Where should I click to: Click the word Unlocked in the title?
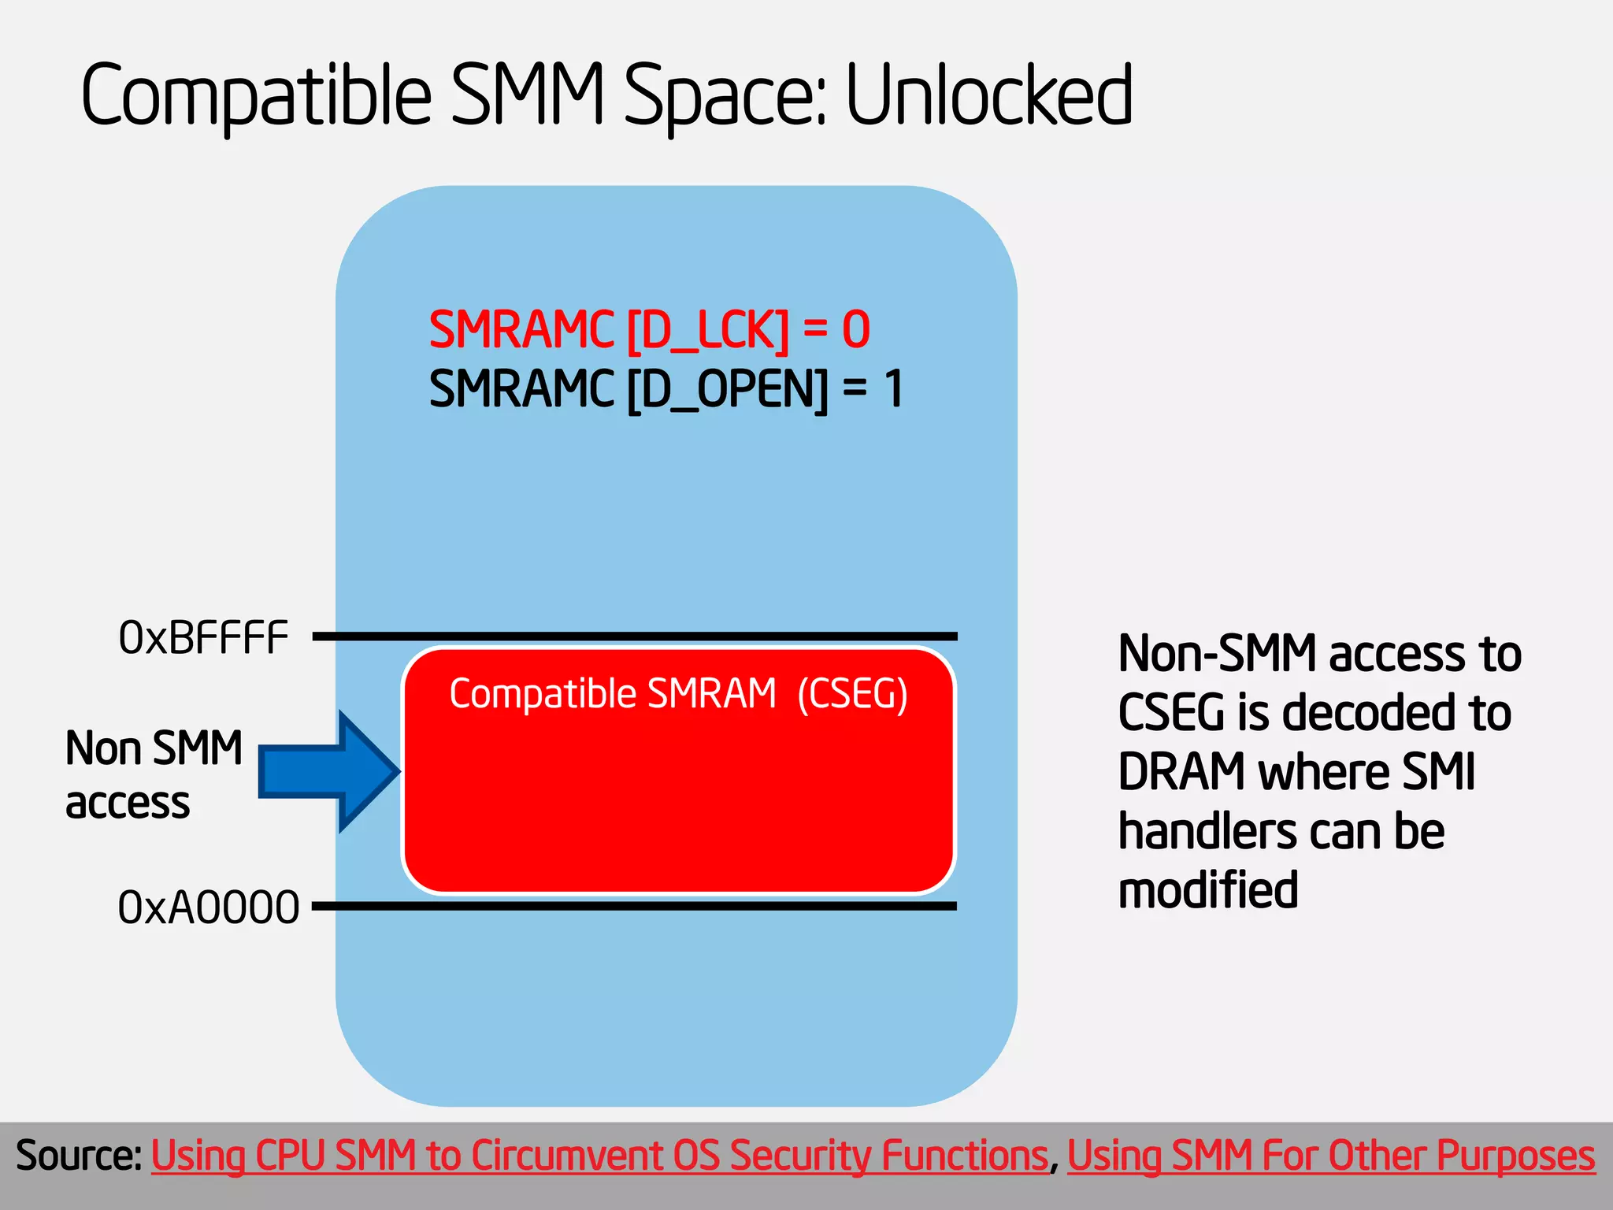pyautogui.click(x=989, y=96)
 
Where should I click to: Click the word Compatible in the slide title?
pyautogui.click(x=257, y=96)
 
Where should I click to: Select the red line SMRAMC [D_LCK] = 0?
pyautogui.click(x=649, y=329)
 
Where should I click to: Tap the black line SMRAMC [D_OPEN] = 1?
pyautogui.click(x=666, y=388)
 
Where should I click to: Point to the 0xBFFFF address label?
pyautogui.click(x=203, y=637)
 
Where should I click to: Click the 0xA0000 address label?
pyautogui.click(x=208, y=907)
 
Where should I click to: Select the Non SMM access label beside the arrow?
pyautogui.click(x=154, y=774)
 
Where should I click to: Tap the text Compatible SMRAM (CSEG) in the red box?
pyautogui.click(x=678, y=694)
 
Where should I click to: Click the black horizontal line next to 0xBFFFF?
pyautogui.click(x=635, y=636)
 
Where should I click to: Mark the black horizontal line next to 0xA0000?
pyautogui.click(x=635, y=906)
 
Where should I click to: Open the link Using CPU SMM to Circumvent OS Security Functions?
pyautogui.click(x=599, y=1156)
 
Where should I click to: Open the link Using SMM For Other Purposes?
pyautogui.click(x=1330, y=1156)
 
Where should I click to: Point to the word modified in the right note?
pyautogui.click(x=1207, y=890)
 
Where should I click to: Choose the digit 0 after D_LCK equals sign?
pyautogui.click(x=856, y=329)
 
